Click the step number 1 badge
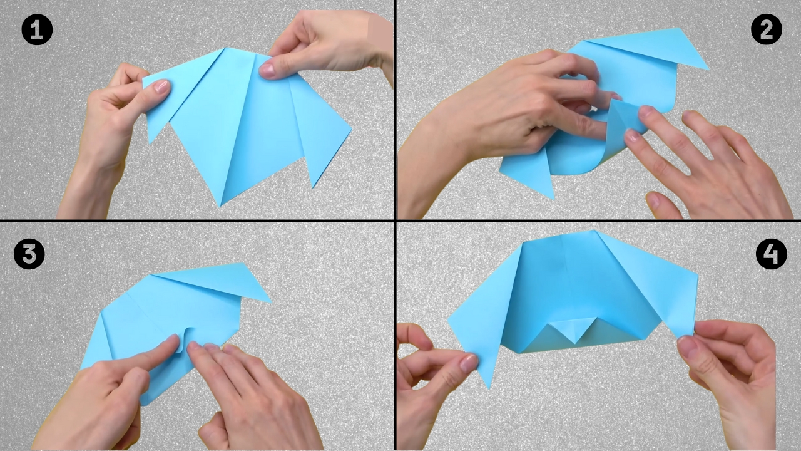pyautogui.click(x=37, y=30)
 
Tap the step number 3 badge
pyautogui.click(x=29, y=254)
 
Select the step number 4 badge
pyautogui.click(x=771, y=254)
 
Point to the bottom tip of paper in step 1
pyautogui.click(x=220, y=204)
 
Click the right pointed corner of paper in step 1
pyautogui.click(x=350, y=132)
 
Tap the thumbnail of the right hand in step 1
pyautogui.click(x=268, y=70)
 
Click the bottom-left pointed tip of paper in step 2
pyautogui.click(x=552, y=198)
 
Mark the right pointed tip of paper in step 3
pyautogui.click(x=270, y=301)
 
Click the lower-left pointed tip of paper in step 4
pyautogui.click(x=489, y=386)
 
